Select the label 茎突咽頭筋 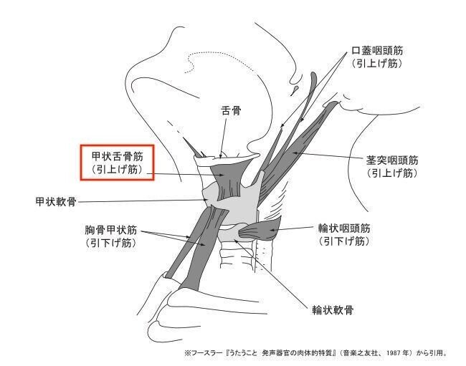click(391, 160)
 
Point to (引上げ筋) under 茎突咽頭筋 click(391, 173)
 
